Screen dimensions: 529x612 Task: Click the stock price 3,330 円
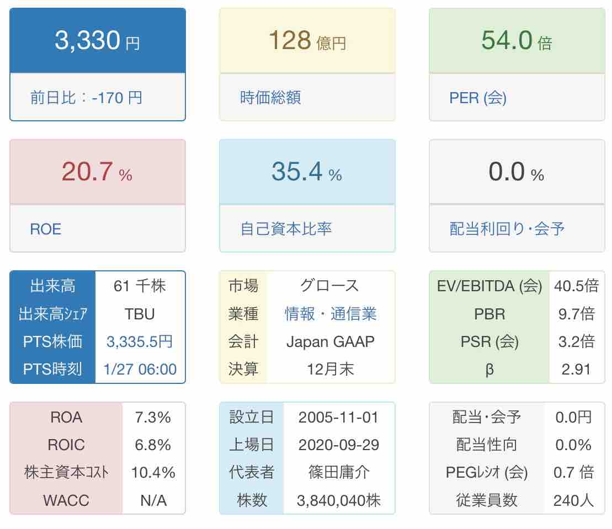click(x=97, y=41)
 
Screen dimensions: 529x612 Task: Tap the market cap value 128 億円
click(x=307, y=41)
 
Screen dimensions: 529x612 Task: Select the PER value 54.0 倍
click(x=517, y=41)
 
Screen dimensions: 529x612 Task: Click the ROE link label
click(x=45, y=229)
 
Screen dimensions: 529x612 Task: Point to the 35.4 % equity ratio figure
click(x=307, y=172)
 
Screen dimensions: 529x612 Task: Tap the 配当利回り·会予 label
click(x=507, y=229)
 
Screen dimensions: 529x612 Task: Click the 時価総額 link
click(x=270, y=98)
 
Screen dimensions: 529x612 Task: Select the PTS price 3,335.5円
click(x=140, y=341)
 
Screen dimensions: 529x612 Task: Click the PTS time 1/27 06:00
click(x=140, y=369)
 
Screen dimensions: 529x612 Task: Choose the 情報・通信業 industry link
click(x=331, y=314)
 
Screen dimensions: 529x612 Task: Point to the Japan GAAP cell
click(x=331, y=341)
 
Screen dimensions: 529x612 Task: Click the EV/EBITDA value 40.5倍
click(x=577, y=286)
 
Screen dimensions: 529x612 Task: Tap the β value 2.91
click(x=577, y=369)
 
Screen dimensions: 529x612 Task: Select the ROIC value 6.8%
click(x=153, y=445)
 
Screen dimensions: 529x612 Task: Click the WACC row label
click(x=66, y=500)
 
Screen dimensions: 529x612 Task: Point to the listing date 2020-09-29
click(x=339, y=445)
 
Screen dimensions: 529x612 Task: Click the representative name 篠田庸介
click(x=339, y=473)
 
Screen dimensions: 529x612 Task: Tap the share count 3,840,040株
click(x=339, y=500)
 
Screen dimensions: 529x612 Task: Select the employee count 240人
click(x=573, y=500)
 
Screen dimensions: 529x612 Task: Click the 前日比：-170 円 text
click(x=86, y=98)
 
